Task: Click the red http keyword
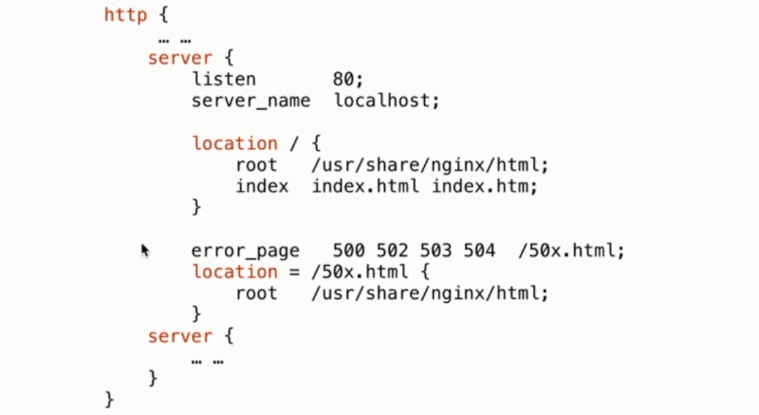click(126, 16)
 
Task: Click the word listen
click(223, 79)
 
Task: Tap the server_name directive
click(250, 100)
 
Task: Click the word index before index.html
click(262, 186)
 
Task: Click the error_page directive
click(245, 252)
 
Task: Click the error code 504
click(480, 252)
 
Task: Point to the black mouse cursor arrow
click(145, 250)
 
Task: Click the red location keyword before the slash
click(234, 143)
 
